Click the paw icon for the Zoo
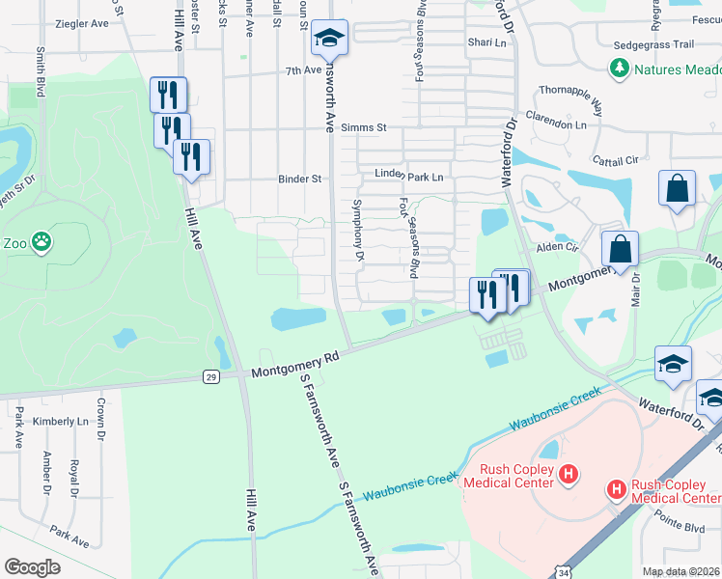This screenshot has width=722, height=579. (41, 242)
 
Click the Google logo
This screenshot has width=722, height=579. (32, 567)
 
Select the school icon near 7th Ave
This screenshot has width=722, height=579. (329, 39)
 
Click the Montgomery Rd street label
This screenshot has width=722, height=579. (295, 365)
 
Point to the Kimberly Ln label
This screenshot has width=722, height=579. (60, 422)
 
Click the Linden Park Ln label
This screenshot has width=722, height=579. (409, 177)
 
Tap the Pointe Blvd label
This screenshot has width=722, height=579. (681, 528)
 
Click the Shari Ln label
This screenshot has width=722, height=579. (486, 42)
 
